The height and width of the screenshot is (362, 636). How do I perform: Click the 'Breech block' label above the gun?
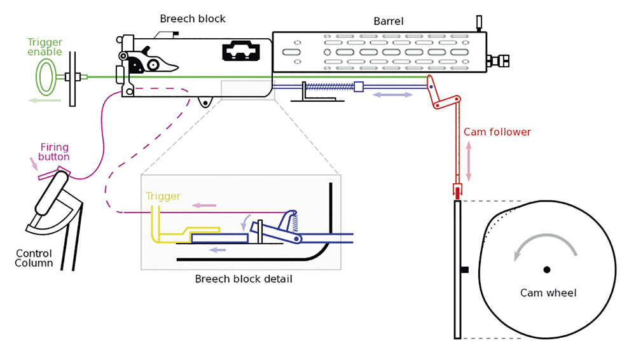tap(193, 19)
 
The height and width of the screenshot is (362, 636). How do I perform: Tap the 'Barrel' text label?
tap(388, 22)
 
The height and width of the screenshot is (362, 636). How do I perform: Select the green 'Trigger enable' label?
tap(45, 47)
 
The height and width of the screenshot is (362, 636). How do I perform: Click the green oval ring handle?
tap(45, 76)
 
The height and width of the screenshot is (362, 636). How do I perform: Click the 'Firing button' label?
tap(55, 152)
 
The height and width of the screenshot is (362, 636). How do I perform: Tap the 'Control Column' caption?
tap(34, 258)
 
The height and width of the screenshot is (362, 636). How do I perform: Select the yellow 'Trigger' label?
tap(163, 197)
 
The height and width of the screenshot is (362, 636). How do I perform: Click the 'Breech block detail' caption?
tap(244, 279)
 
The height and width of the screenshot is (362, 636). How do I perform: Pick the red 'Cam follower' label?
tap(497, 132)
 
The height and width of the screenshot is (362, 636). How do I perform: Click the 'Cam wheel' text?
tap(548, 293)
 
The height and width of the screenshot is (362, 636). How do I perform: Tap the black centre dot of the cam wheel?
tap(547, 270)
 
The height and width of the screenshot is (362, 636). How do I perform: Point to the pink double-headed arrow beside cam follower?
tap(469, 161)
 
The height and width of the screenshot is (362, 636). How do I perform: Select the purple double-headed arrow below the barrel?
tap(392, 95)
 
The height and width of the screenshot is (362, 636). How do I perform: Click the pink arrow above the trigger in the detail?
tap(205, 205)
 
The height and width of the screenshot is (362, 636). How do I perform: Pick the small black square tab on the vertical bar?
tap(464, 270)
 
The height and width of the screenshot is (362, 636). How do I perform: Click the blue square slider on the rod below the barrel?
tap(358, 87)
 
